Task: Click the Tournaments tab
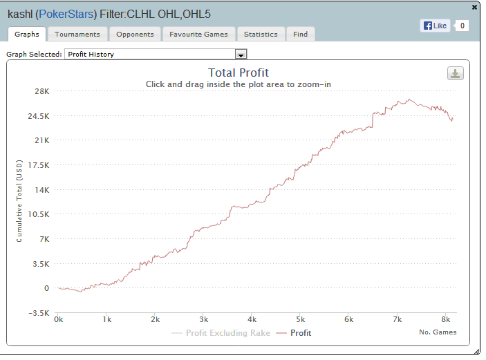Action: pyautogui.click(x=77, y=34)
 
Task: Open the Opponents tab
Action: pyautogui.click(x=135, y=34)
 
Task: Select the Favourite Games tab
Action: pyautogui.click(x=198, y=34)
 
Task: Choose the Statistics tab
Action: pyautogui.click(x=261, y=34)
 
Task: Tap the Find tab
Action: pyautogui.click(x=301, y=34)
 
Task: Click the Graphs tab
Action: pyautogui.click(x=26, y=34)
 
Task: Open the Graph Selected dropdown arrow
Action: pyautogui.click(x=241, y=54)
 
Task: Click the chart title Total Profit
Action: pyautogui.click(x=239, y=73)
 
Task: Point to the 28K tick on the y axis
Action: pyautogui.click(x=41, y=91)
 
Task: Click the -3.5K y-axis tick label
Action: pyautogui.click(x=39, y=313)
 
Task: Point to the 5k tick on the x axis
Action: pyautogui.click(x=300, y=320)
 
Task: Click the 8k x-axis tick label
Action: pyautogui.click(x=445, y=320)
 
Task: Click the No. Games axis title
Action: pyautogui.click(x=438, y=332)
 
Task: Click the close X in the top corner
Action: pyautogui.click(x=474, y=7)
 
